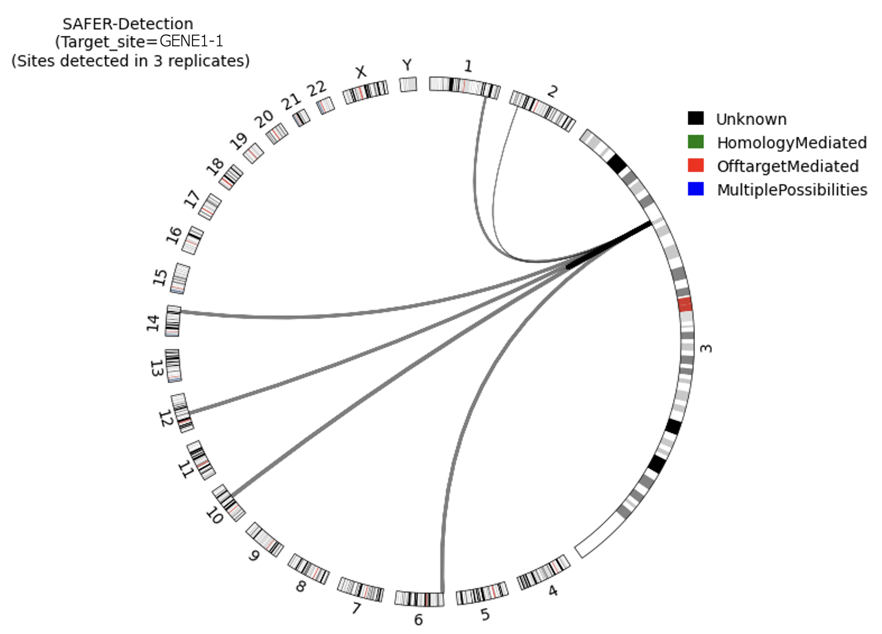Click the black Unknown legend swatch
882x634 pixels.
click(x=696, y=118)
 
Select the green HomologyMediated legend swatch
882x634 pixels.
click(x=696, y=142)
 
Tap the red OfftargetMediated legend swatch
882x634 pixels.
click(x=696, y=165)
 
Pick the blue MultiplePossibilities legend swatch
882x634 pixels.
click(x=696, y=189)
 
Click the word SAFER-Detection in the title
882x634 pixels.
click(x=128, y=24)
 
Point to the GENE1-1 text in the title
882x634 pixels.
click(x=191, y=41)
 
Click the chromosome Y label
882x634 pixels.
click(x=407, y=65)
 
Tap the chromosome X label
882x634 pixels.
click(x=361, y=72)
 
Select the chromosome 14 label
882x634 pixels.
click(x=153, y=322)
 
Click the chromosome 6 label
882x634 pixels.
click(x=418, y=619)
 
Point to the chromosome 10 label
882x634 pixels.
click(x=214, y=516)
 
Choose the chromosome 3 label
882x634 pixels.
click(x=706, y=348)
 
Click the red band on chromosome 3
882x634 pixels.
click(x=685, y=304)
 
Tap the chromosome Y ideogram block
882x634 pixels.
click(x=408, y=84)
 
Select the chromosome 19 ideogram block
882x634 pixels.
click(x=253, y=153)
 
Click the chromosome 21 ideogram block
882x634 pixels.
click(x=302, y=118)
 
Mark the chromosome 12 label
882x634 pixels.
click(x=166, y=419)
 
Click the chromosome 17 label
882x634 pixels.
click(x=192, y=199)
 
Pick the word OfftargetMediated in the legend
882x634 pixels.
click(x=788, y=166)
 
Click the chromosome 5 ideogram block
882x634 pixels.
click(x=482, y=594)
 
